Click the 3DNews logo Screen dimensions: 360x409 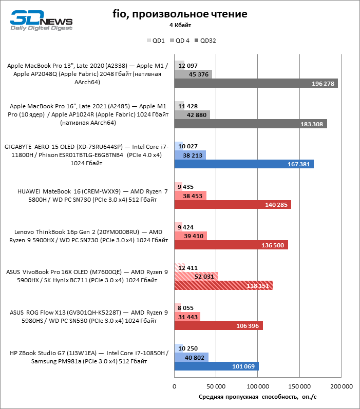(41, 21)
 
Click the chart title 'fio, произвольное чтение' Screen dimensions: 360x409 (180, 14)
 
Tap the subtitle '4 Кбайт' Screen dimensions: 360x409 (180, 25)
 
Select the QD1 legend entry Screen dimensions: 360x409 (156, 41)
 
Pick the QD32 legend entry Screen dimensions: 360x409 (205, 41)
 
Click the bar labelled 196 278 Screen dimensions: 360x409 (256, 83)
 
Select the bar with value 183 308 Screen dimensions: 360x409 (251, 124)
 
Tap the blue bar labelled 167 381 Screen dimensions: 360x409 (244, 164)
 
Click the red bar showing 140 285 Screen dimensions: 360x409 (233, 204)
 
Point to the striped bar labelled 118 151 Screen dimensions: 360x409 (223, 285)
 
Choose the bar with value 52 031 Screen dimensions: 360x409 (196, 277)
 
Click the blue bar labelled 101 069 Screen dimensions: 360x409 (216, 366)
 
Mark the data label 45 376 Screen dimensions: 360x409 (199, 74)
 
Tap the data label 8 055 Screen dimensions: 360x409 (185, 308)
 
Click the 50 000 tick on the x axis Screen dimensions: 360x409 (216, 386)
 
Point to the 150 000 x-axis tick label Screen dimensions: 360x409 (299, 386)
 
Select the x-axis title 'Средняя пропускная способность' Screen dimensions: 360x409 (248, 397)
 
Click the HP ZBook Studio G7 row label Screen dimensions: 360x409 (89, 357)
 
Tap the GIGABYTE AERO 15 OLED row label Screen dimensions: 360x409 (86, 155)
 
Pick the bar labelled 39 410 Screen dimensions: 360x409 (191, 236)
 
